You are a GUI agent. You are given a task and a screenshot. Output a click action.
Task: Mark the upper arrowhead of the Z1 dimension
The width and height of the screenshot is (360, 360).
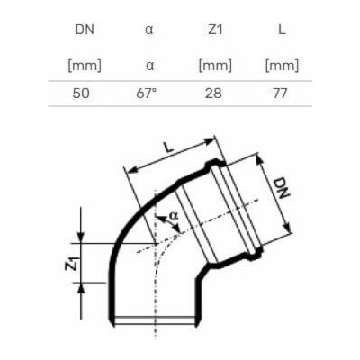coord(83,237)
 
